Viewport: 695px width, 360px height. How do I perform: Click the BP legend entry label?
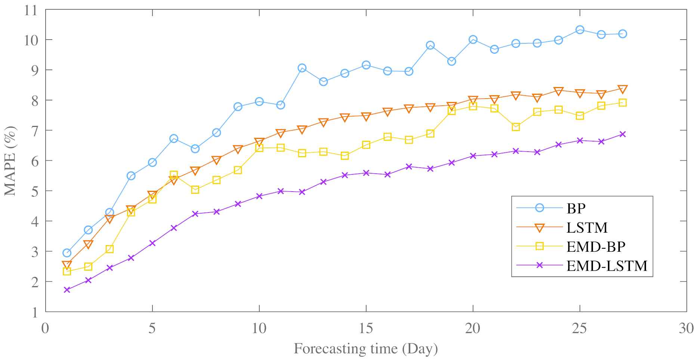coord(576,208)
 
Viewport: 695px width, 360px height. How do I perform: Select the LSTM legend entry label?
coord(587,227)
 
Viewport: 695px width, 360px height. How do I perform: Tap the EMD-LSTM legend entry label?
coord(607,266)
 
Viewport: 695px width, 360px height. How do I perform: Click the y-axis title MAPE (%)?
coord(10,161)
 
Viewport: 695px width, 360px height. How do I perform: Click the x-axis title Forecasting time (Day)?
coord(366,349)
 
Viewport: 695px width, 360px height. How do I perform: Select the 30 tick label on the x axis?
coord(686,328)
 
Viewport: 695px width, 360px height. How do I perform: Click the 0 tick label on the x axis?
coord(45,328)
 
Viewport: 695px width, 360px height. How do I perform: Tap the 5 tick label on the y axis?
coord(34,191)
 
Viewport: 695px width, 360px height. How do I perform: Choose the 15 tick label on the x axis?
coord(366,328)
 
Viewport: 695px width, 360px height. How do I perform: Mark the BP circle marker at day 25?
coord(580,30)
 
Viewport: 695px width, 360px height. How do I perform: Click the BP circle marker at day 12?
coord(302,68)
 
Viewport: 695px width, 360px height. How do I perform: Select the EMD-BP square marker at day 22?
coord(516,127)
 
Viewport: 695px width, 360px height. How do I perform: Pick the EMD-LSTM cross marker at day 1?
coord(67,290)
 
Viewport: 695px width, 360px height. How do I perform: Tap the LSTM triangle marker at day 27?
coord(623,89)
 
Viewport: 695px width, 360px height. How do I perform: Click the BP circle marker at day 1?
coord(67,253)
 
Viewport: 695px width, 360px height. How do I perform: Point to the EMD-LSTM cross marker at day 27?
coord(623,134)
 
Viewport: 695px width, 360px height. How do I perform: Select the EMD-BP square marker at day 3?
coord(109,249)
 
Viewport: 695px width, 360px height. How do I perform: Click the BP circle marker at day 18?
coord(430,45)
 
